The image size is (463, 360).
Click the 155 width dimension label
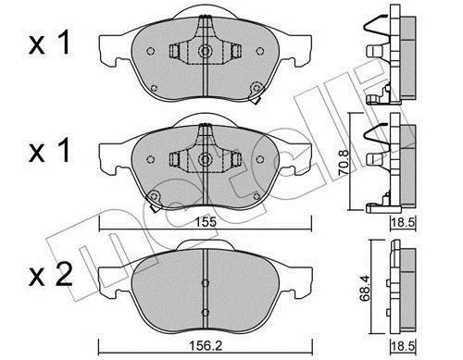(x=206, y=222)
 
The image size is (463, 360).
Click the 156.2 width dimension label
(x=206, y=346)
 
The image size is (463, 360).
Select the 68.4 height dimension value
(x=366, y=289)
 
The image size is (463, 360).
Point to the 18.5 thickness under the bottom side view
(x=402, y=346)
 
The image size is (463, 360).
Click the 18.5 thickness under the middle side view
(x=402, y=222)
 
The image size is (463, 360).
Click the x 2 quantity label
(x=51, y=275)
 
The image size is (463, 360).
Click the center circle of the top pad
(x=205, y=51)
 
